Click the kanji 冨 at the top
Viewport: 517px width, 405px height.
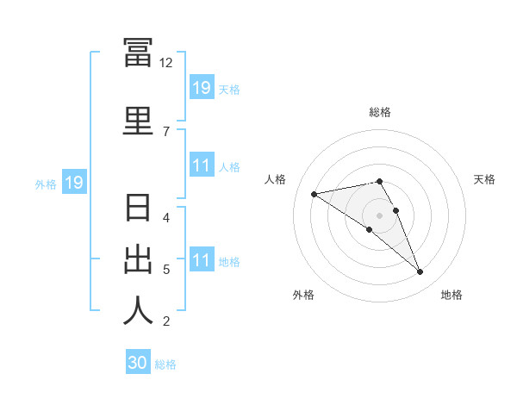point(138,52)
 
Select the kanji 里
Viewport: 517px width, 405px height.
point(138,121)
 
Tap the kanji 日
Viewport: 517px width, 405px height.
point(138,208)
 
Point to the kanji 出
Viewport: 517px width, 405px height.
point(138,260)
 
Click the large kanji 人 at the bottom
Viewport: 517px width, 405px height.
point(138,310)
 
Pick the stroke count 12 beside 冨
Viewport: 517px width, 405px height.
point(165,63)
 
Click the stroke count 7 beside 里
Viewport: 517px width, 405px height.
point(166,132)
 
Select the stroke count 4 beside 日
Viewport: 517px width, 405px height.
point(166,218)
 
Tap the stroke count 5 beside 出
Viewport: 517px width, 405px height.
point(166,270)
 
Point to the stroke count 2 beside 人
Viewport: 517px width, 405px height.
point(166,321)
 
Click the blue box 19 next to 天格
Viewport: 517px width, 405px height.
point(202,87)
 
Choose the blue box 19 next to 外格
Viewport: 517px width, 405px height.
point(74,182)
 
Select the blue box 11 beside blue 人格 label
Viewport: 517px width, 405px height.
point(202,165)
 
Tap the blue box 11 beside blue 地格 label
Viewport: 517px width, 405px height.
point(202,259)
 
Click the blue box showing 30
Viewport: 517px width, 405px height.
point(138,361)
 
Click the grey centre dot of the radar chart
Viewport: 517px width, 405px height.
point(379,215)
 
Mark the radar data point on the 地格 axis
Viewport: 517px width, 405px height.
point(420,271)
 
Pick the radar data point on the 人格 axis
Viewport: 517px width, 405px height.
point(315,194)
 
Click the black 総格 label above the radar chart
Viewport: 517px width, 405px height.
point(380,112)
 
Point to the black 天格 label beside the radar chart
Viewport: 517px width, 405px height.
point(484,179)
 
